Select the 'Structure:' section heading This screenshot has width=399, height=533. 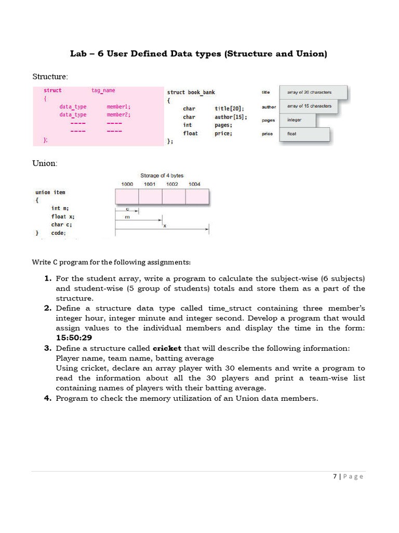[50, 77]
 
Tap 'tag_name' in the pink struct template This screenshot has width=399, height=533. [103, 91]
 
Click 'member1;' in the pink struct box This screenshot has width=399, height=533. [118, 107]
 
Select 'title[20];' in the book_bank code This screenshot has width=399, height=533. [229, 109]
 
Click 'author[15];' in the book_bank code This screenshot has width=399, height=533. [231, 117]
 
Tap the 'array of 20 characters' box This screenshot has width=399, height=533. [313, 93]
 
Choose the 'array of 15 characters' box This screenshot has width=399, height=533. [309, 107]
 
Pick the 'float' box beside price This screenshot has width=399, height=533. [304, 134]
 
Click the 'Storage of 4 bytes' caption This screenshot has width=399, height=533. [162, 175]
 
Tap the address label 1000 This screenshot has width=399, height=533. [127, 184]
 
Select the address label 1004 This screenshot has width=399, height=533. [194, 184]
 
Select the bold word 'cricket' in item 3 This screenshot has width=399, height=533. [167, 348]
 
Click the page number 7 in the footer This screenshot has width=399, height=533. [335, 476]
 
